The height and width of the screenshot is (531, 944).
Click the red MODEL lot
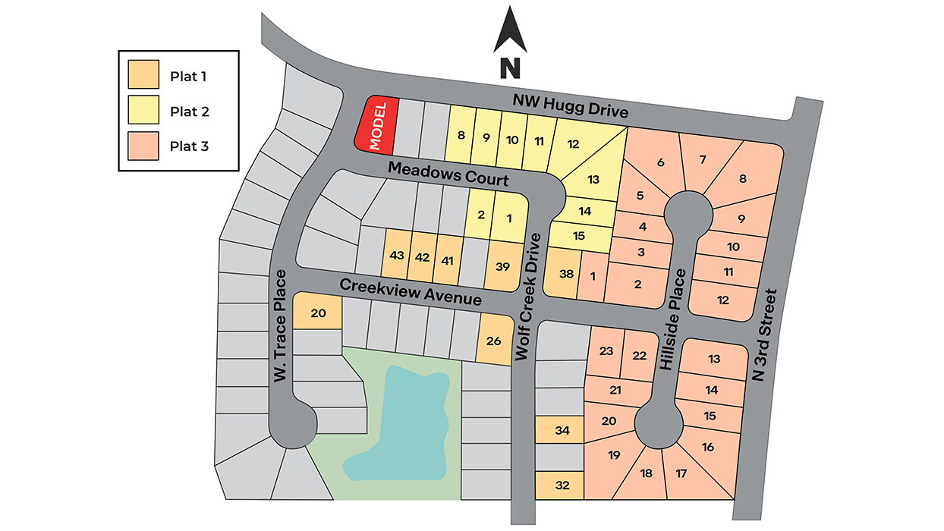pyautogui.click(x=377, y=125)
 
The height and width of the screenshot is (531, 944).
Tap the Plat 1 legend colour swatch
pyautogui.click(x=143, y=76)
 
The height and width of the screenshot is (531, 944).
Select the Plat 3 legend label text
pyautogui.click(x=189, y=146)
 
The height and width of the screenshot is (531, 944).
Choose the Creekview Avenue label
pyautogui.click(x=410, y=292)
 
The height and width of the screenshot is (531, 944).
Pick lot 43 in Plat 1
pyautogui.click(x=396, y=256)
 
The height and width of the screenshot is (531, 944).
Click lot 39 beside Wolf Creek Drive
pyautogui.click(x=502, y=266)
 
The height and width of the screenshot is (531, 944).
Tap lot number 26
pyautogui.click(x=493, y=341)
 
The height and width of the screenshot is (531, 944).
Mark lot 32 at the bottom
pyautogui.click(x=561, y=485)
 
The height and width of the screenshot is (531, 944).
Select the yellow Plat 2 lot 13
pyautogui.click(x=593, y=179)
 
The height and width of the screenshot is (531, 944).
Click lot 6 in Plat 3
pyautogui.click(x=659, y=162)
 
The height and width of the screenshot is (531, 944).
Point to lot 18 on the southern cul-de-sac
pyautogui.click(x=646, y=474)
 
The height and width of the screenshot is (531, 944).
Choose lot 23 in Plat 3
pyautogui.click(x=606, y=351)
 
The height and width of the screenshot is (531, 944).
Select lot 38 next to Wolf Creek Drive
pyautogui.click(x=565, y=274)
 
